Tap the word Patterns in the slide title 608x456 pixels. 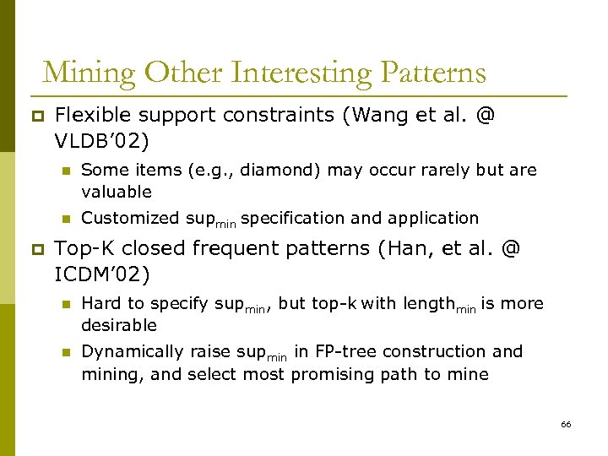click(433, 73)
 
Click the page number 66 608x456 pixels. click(566, 424)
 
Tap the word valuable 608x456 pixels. click(117, 192)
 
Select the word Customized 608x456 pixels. click(129, 218)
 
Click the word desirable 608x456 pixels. click(119, 325)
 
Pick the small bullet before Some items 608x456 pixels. click(63, 171)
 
